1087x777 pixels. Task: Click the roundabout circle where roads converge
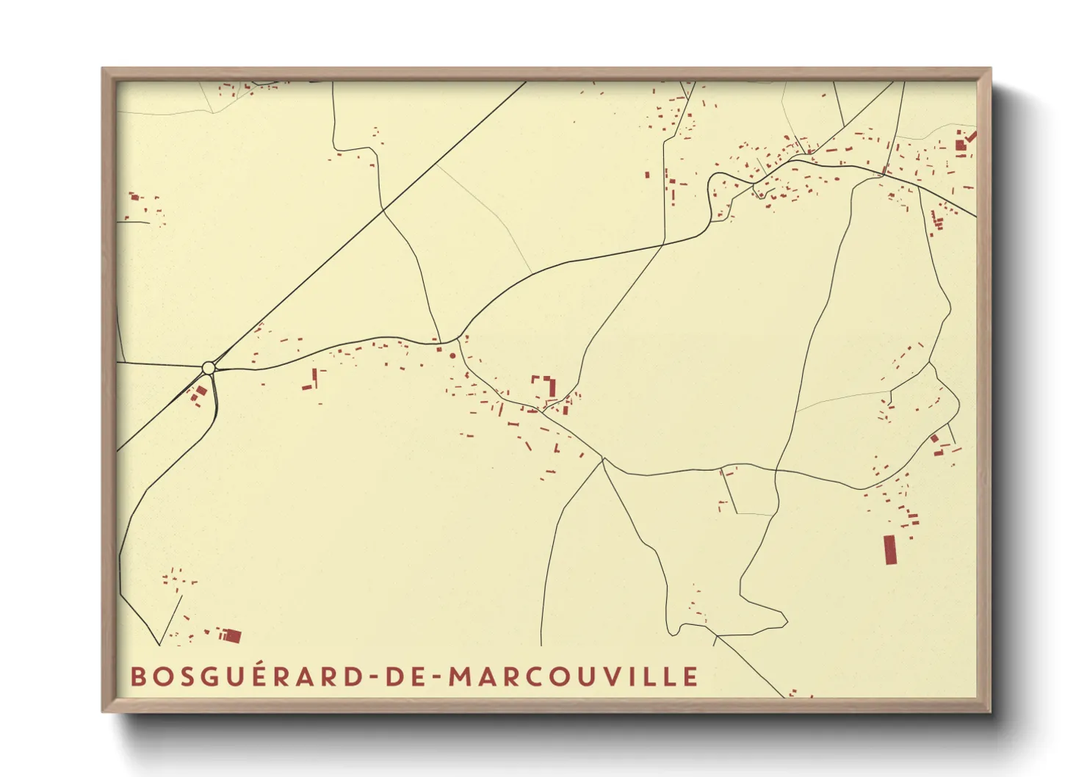point(209,367)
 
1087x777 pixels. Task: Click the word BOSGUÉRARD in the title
point(246,676)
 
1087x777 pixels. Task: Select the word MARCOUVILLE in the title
point(573,676)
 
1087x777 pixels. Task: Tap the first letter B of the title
point(138,676)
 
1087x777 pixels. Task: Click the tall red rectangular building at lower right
point(890,549)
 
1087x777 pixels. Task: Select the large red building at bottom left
point(231,635)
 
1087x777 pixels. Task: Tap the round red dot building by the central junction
point(452,356)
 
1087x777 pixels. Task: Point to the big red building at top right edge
point(961,143)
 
